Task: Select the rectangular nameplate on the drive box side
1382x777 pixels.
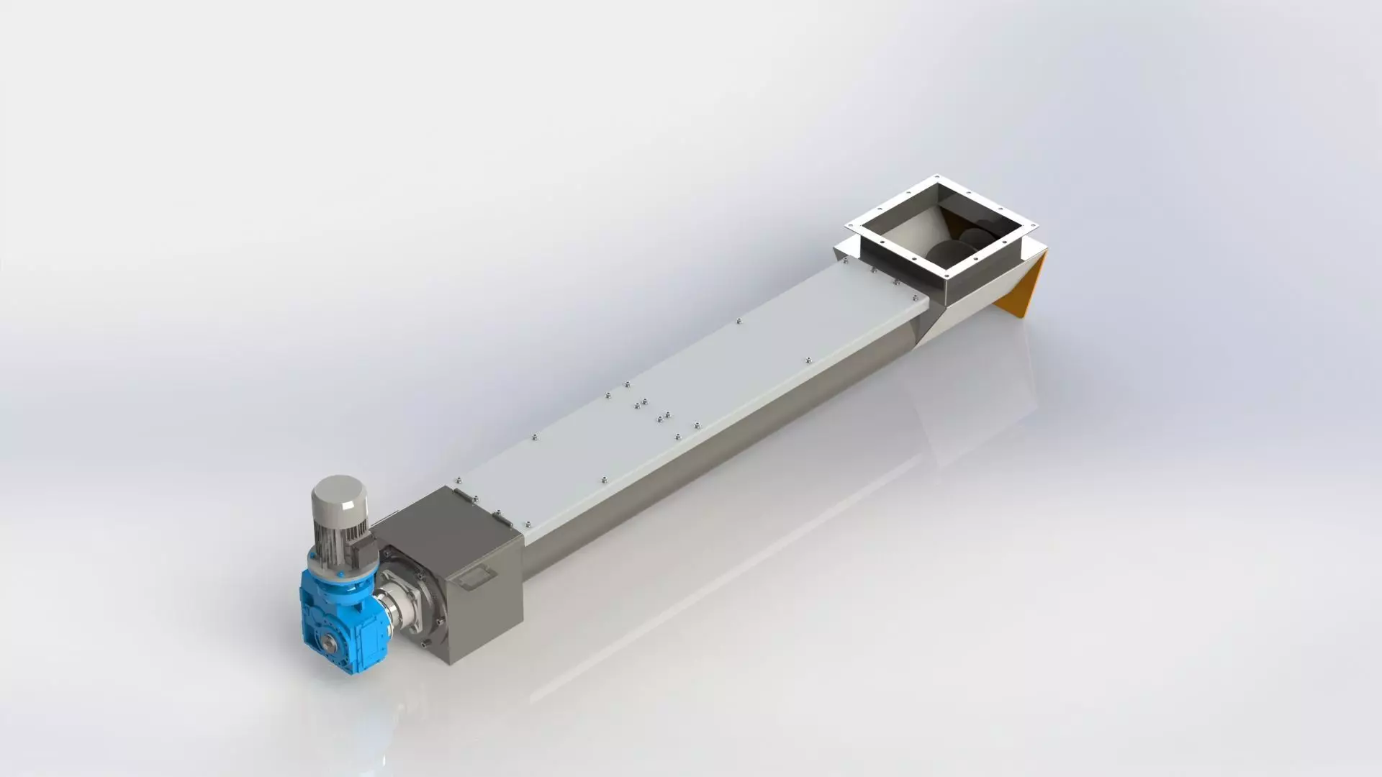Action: point(477,576)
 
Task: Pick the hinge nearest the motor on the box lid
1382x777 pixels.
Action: point(463,496)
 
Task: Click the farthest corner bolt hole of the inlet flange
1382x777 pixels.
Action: point(936,178)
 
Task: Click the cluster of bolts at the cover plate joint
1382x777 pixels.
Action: point(651,410)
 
